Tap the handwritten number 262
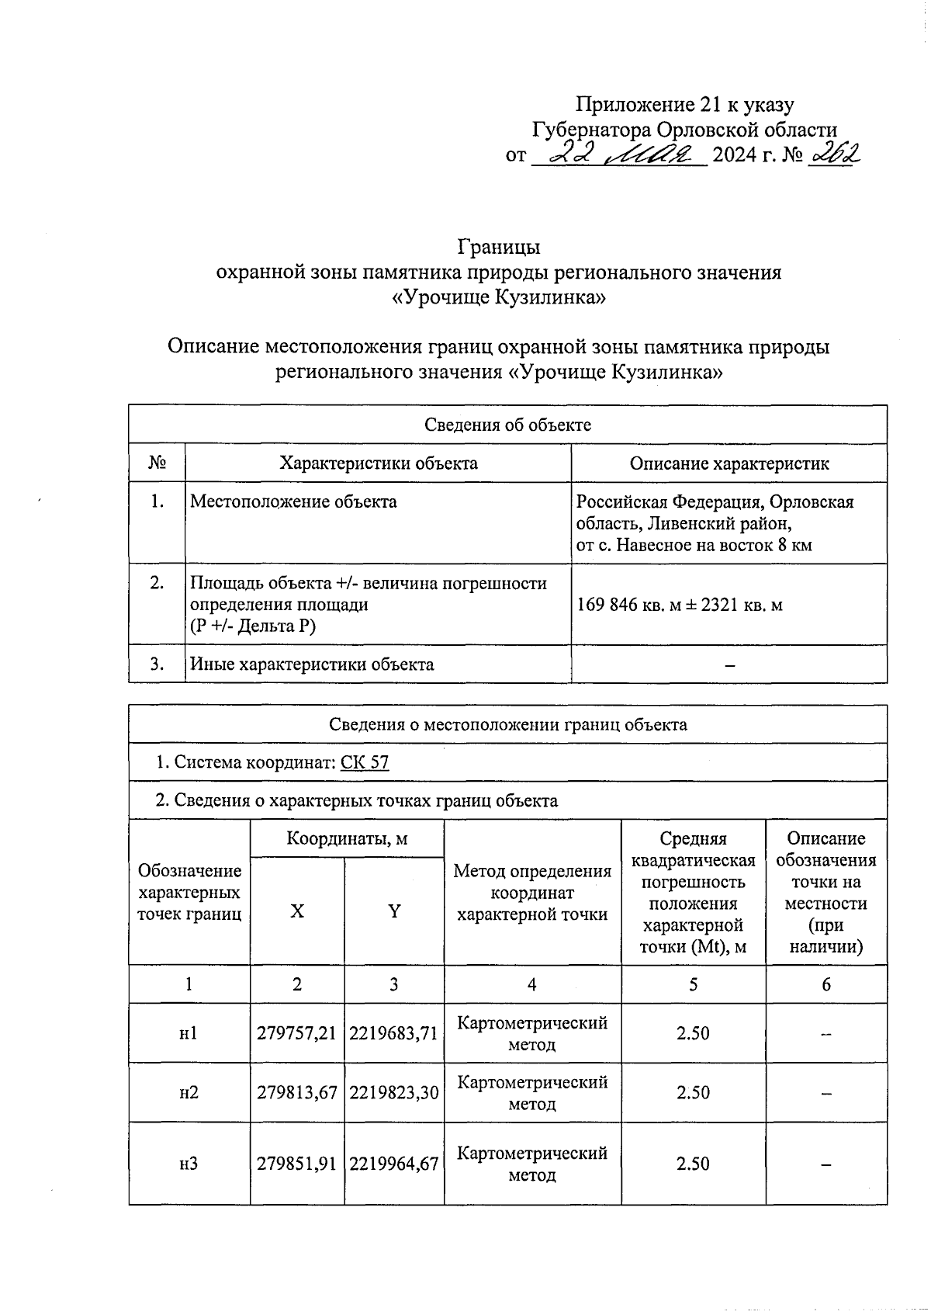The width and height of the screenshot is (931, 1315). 834,155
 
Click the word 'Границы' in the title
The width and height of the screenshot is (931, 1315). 498,247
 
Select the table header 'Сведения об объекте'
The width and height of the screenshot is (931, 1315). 507,425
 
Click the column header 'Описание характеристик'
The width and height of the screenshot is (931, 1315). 729,463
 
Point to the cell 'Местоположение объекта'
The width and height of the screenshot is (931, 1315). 293,502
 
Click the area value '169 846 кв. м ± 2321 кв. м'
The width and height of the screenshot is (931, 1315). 680,605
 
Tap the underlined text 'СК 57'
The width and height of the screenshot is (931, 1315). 365,762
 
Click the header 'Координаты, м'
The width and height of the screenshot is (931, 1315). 347,838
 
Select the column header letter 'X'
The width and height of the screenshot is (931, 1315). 297,911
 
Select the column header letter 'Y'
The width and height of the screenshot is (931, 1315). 394,911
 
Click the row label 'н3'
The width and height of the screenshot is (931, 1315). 189,1164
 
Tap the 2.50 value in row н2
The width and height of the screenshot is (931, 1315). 693,1092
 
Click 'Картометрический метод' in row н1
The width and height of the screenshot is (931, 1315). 532,1033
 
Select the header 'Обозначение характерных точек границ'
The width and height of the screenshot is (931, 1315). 189,893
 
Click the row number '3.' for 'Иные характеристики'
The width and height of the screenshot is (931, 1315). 157,664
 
